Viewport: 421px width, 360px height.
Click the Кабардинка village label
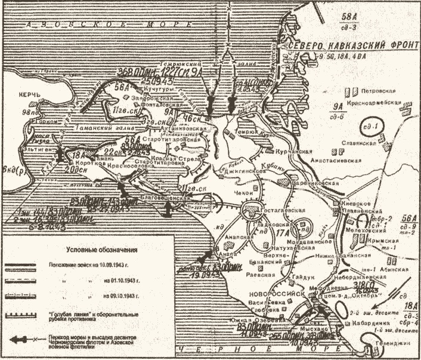point(370,335)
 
